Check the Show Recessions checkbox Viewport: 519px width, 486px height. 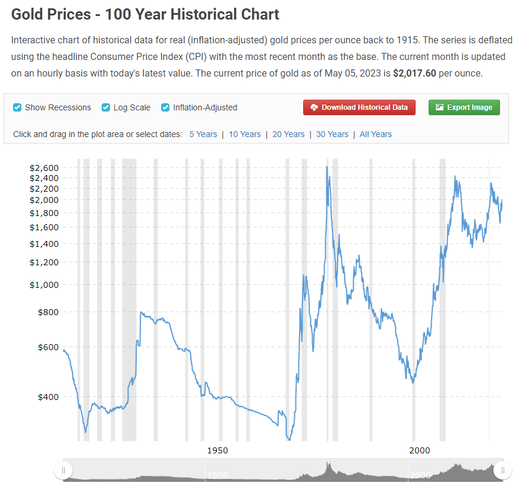(18, 107)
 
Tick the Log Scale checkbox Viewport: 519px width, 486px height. (106, 107)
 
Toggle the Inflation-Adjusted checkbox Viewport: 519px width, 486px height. (165, 107)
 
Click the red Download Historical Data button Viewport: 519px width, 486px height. (359, 107)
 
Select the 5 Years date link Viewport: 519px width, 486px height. (203, 134)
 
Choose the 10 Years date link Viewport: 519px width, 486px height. (245, 134)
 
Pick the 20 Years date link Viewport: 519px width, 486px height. (288, 134)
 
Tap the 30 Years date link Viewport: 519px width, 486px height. (332, 134)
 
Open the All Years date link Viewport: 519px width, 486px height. (376, 134)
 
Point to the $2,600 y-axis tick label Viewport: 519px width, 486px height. (45, 168)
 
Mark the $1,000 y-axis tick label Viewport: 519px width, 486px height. (45, 285)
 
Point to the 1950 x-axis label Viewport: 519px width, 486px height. (218, 450)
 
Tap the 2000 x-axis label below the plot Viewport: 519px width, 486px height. (420, 450)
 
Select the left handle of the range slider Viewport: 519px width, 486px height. (63, 471)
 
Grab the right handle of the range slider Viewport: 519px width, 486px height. (502, 471)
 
